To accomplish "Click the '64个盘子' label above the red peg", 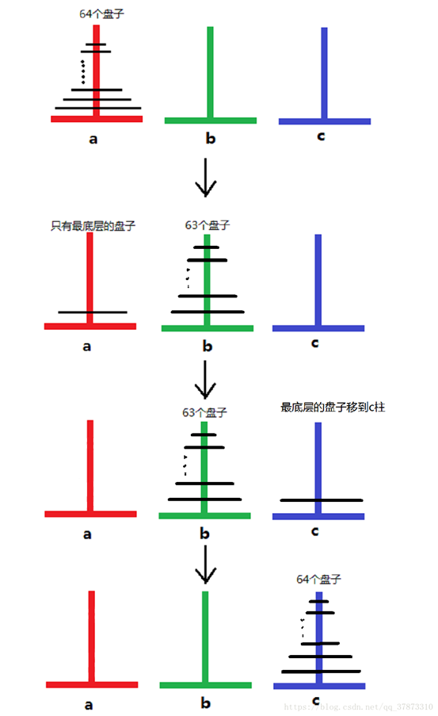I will pyautogui.click(x=97, y=13).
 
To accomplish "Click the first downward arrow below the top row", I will pyautogui.click(x=205, y=178).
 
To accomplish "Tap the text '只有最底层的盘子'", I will pyautogui.click(x=93, y=225).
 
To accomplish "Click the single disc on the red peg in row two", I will pyautogui.click(x=93, y=312).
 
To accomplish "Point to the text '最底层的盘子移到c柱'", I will pyautogui.click(x=332, y=408).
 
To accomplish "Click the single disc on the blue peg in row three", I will pyautogui.click(x=320, y=500).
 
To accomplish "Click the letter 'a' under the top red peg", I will pyautogui.click(x=93, y=139).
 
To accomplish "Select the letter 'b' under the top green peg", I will pyautogui.click(x=210, y=139).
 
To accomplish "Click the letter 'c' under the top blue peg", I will pyautogui.click(x=320, y=136).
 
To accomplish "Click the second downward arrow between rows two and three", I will pyautogui.click(x=205, y=381).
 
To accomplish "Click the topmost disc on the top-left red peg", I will pyautogui.click(x=96, y=44).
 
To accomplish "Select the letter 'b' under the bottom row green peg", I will pyautogui.click(x=204, y=703).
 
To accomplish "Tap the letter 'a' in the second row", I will pyautogui.click(x=87, y=346).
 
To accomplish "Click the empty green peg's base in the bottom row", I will pyautogui.click(x=204, y=684).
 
